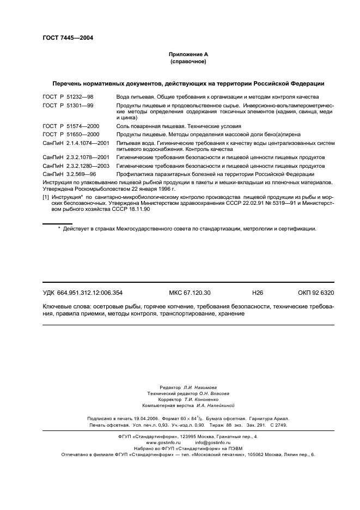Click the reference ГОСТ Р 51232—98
coord(68,96)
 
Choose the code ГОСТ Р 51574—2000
coord(71,126)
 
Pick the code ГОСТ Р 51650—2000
coord(71,133)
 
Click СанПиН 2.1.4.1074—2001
coord(76,142)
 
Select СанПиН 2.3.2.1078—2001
coord(76,157)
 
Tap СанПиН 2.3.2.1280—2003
coord(76,165)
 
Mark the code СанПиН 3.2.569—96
coord(70,173)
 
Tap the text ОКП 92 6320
coord(316,293)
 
